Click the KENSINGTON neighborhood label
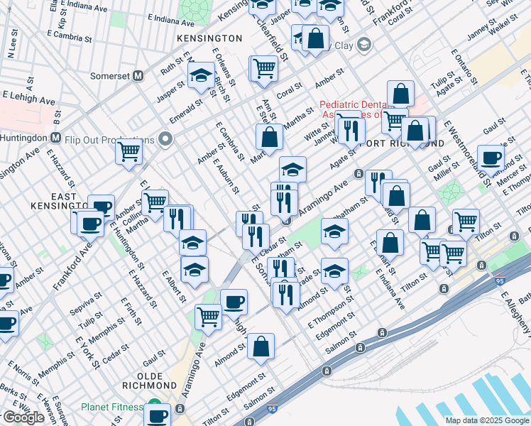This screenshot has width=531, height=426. (x=209, y=37)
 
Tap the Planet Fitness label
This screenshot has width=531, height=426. (x=112, y=408)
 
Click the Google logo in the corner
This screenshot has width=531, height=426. (x=23, y=417)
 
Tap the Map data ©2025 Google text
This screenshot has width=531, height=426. (x=486, y=420)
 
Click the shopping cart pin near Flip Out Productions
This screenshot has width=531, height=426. (x=129, y=151)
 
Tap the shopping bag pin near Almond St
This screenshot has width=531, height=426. (x=261, y=346)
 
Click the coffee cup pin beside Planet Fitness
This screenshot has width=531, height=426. (x=158, y=414)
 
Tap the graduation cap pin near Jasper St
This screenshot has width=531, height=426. (x=202, y=76)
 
